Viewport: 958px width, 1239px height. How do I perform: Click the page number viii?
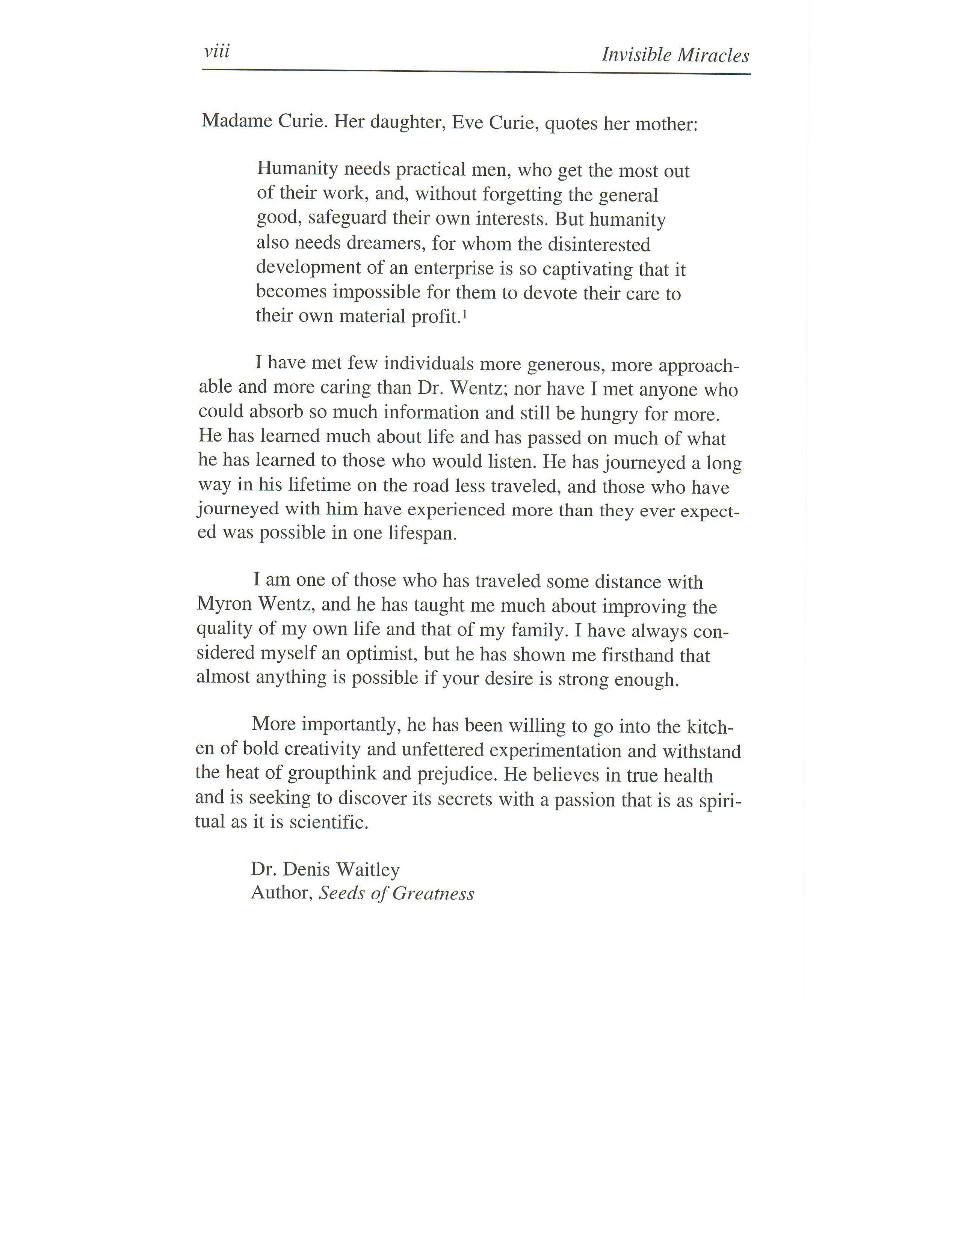click(217, 52)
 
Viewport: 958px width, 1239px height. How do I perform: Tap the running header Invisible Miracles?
click(675, 56)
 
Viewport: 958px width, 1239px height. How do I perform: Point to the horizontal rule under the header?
click(477, 71)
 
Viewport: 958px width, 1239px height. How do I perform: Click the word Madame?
click(234, 121)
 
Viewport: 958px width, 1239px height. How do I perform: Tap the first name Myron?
click(224, 604)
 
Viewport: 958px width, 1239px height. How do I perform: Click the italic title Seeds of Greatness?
click(396, 894)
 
